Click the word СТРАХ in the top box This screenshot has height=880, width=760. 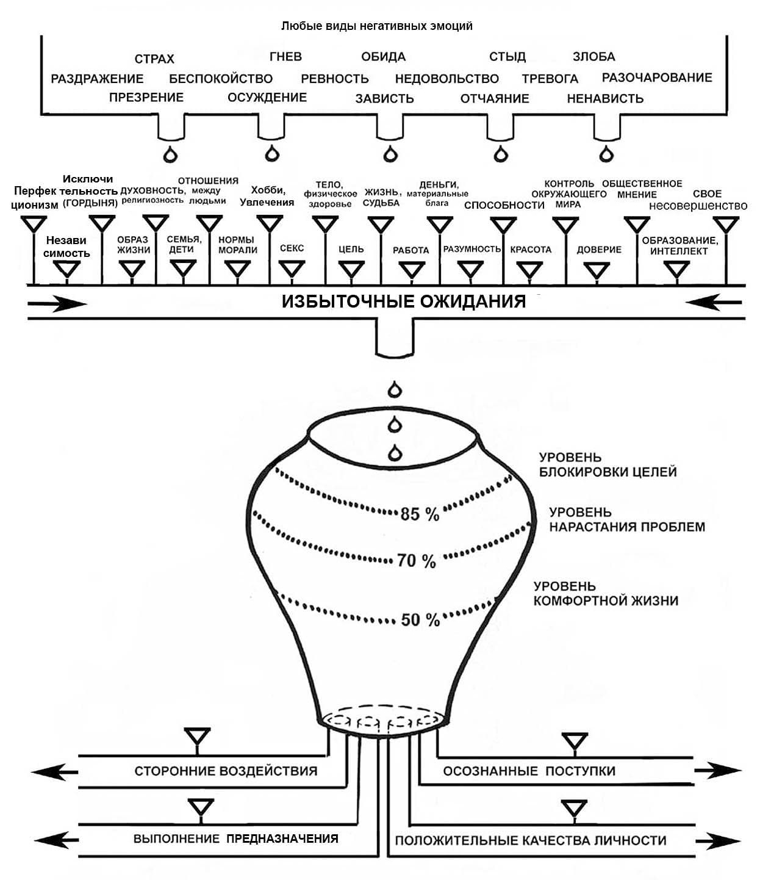point(154,59)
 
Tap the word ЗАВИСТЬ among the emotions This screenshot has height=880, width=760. point(384,98)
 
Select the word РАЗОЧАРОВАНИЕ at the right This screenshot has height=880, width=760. point(657,78)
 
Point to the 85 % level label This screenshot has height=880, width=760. point(420,514)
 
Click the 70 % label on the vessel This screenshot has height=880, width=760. point(417,560)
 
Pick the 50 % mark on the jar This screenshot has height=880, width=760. point(420,620)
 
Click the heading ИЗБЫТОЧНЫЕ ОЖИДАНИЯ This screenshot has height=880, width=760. point(403,301)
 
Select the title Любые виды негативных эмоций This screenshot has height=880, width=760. point(376,26)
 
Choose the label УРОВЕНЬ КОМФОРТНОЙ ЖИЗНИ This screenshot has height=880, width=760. point(605,594)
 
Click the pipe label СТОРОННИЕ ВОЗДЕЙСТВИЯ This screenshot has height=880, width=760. point(226,771)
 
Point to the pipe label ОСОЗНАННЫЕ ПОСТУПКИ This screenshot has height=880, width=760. point(529,771)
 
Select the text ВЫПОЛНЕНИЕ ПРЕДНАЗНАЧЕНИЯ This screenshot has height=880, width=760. point(235,839)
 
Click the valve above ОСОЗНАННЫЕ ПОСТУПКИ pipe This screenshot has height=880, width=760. point(574,741)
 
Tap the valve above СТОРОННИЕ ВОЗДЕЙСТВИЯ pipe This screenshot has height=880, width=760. point(197,735)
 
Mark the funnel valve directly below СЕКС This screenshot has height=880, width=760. point(292,269)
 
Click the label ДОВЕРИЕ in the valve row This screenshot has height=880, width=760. point(599,250)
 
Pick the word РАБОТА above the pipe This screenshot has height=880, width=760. point(410,250)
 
